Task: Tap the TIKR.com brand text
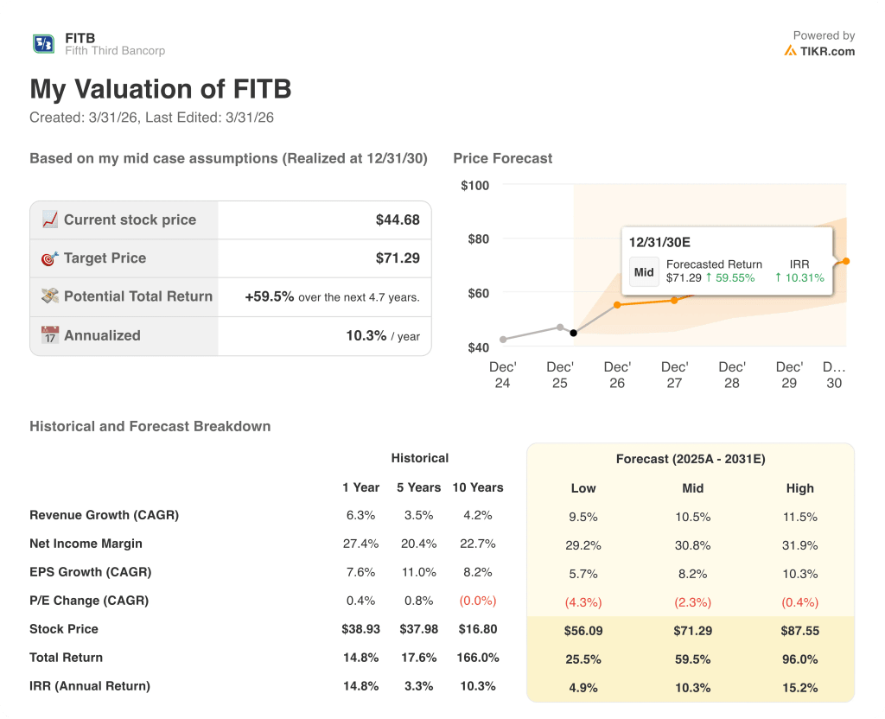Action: pos(826,51)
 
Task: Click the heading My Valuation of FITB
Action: pos(161,89)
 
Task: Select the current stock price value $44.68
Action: pos(398,220)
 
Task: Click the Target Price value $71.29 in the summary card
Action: pos(398,258)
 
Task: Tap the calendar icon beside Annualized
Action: pos(50,335)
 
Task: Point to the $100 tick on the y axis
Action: pos(474,185)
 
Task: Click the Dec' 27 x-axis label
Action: pos(674,374)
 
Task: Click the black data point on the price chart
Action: pos(574,333)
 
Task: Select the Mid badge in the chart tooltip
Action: pos(644,271)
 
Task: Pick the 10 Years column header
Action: pos(477,487)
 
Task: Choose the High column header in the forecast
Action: pos(799,488)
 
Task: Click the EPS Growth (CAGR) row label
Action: pos(90,572)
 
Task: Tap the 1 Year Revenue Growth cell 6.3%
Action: pos(360,515)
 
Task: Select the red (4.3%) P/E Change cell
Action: pos(583,601)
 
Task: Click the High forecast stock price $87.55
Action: pos(799,631)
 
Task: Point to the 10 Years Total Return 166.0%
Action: pos(477,658)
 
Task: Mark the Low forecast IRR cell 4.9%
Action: pos(583,687)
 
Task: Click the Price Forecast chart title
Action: pos(502,158)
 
